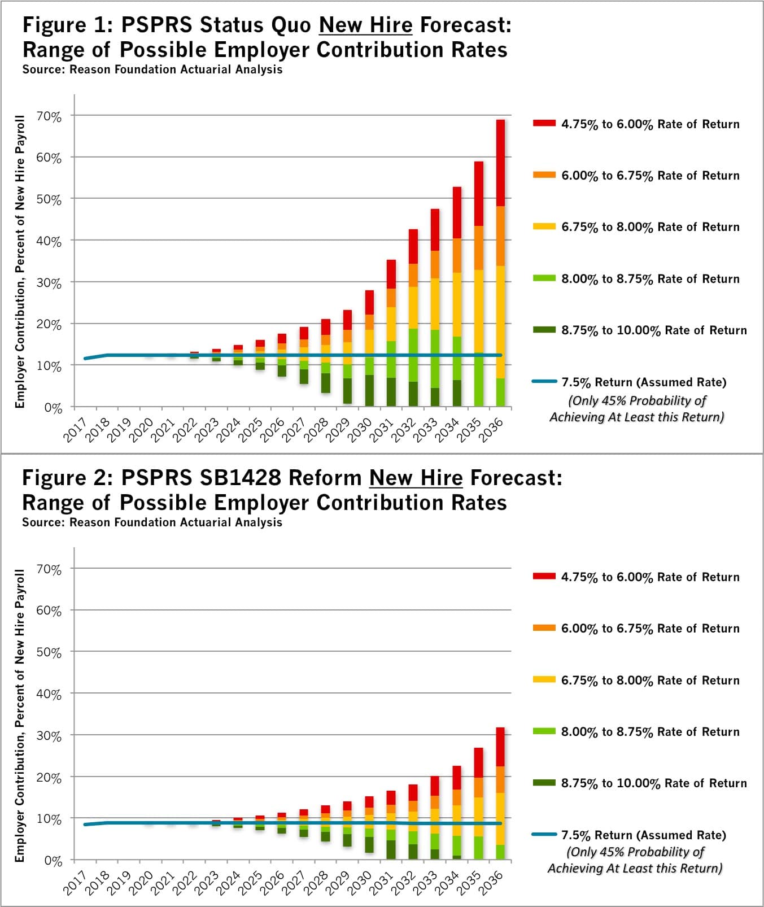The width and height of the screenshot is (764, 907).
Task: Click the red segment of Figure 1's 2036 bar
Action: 500,163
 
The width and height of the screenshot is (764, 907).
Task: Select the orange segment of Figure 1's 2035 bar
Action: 479,248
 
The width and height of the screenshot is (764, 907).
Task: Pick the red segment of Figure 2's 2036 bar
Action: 500,747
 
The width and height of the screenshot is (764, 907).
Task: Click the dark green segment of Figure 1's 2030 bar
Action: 369,390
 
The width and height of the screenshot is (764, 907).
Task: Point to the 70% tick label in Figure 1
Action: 49,117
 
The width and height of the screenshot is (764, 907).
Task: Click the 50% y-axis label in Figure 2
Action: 49,653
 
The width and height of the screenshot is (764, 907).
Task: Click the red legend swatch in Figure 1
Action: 544,123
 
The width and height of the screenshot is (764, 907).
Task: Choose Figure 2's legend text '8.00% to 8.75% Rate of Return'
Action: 650,732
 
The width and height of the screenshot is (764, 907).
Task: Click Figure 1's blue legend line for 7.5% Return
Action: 544,382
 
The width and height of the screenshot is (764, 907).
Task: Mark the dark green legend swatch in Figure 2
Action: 544,783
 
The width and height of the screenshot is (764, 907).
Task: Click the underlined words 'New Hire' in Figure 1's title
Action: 365,25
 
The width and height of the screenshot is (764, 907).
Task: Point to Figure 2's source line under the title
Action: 152,522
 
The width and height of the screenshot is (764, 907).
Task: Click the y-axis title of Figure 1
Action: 20,261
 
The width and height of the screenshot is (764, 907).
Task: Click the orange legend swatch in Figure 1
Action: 544,175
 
